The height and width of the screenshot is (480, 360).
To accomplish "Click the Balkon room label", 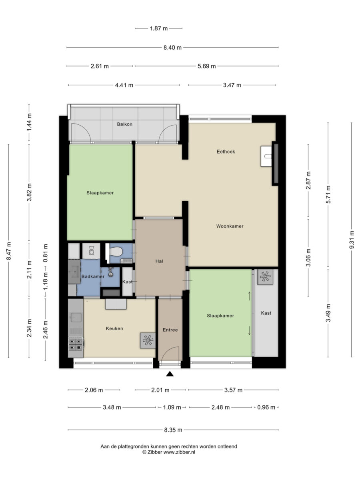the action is point(124,124).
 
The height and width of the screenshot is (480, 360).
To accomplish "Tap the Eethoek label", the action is point(226,152).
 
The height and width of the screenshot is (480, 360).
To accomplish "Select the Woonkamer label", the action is point(230,226).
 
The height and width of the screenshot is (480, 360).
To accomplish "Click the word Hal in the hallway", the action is point(159,261).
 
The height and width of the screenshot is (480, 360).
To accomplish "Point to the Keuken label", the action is point(114,328).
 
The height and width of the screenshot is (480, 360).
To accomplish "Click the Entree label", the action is point(170,330).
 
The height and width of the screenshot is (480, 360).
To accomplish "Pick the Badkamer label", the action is point(93,276).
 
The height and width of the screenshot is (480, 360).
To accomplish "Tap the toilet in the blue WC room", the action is point(115,252).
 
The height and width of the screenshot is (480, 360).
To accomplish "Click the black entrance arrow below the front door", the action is point(170,374).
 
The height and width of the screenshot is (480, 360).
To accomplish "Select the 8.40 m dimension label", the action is point(172,48).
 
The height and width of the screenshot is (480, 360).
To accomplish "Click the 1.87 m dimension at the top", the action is point(159,28).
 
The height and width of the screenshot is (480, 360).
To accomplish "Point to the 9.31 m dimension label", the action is point(352,240).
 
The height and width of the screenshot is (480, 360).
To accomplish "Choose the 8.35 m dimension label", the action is point(173,430).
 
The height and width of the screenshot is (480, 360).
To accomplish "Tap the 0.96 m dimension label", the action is point(266,407).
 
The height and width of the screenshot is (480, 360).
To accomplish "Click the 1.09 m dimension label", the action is point(172,407).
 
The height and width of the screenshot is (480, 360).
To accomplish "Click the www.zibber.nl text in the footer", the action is point(179,452).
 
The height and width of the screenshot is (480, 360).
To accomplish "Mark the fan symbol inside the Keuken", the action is point(148,340).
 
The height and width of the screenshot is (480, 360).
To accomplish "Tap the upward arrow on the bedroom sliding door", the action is point(249,296).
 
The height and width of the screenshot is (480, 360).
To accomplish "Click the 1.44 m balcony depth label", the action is point(29,122).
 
